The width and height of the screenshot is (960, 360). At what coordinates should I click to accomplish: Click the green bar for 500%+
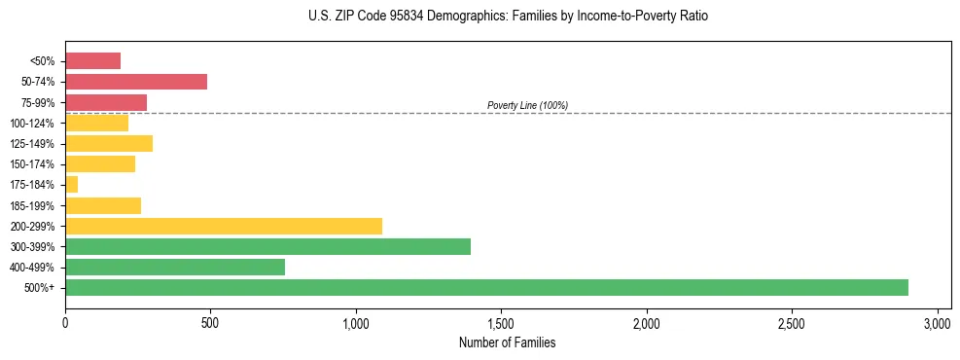click(x=486, y=287)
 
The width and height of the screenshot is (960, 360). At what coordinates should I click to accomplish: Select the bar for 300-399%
click(x=267, y=246)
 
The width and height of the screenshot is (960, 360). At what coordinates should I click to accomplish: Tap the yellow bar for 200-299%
click(x=224, y=226)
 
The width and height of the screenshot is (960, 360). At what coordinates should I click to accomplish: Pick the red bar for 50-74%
click(x=136, y=82)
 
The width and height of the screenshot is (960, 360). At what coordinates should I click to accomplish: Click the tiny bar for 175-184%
click(x=71, y=184)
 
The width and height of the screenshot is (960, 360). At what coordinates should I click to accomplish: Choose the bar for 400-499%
click(x=175, y=267)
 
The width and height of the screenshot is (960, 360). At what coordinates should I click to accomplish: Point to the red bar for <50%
click(x=92, y=61)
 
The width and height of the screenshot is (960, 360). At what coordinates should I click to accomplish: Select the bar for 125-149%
click(x=109, y=143)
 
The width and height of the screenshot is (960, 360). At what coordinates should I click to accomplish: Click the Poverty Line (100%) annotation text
click(x=527, y=105)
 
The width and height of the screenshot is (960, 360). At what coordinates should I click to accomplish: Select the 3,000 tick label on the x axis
click(x=937, y=322)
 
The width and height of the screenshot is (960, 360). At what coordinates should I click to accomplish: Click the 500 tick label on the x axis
click(x=210, y=322)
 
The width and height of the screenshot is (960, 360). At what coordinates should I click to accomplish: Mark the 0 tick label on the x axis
click(x=65, y=322)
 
